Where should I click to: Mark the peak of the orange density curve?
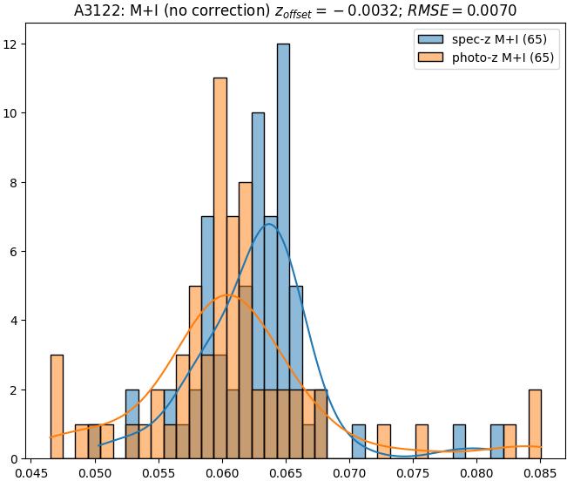227,295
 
